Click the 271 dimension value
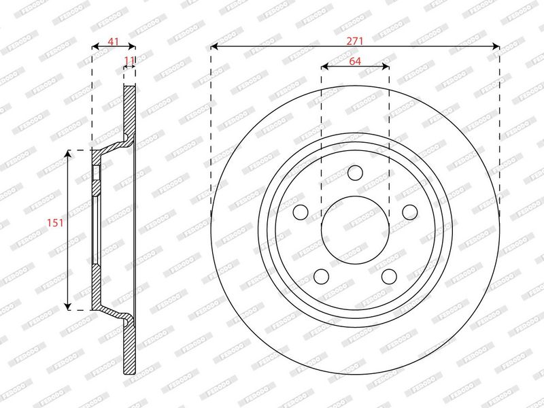[354, 41]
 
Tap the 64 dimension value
[354, 61]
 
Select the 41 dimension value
[113, 41]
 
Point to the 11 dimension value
[129, 61]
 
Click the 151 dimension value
[56, 222]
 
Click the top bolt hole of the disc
[355, 173]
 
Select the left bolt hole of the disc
[301, 211]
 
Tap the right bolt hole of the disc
[410, 212]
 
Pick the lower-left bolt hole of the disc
[321, 276]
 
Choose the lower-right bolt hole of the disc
[389, 276]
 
